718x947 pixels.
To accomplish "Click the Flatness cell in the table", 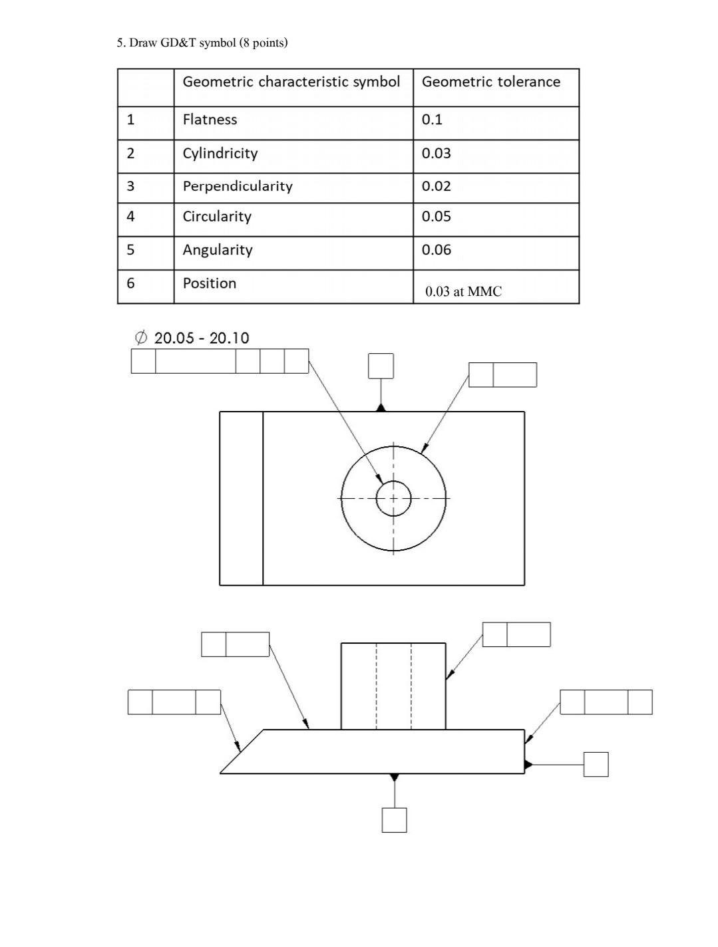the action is pos(210,120).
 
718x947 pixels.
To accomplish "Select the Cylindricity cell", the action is pos(220,154).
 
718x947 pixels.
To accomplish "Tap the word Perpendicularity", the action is pos(238,186).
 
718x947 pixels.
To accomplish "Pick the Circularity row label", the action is pos(217,217).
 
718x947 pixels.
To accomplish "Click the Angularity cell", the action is pos(218,250).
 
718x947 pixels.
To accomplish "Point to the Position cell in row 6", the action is pos(209,283).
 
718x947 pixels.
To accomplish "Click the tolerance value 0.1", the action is pos(432,120).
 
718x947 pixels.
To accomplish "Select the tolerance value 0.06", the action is pos(436,250).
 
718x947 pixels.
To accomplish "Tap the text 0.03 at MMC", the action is pos(463,291).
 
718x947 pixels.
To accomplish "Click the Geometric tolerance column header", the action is pos(491,82).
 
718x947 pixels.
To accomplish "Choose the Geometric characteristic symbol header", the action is pos(291,82).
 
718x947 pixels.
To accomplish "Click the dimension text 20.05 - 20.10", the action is pos(201,338).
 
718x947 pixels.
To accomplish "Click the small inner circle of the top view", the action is pos(393,498).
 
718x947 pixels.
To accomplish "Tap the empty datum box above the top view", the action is pos(381,366).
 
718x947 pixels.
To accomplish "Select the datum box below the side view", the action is pos(394,819).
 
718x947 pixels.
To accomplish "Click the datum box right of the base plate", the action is pos(596,764).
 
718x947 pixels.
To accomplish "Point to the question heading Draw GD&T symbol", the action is pos(202,43).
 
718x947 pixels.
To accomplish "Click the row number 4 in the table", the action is pos(130,217).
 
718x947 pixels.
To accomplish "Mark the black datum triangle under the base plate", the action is pos(394,777).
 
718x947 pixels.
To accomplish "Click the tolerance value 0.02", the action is pos(436,186).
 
